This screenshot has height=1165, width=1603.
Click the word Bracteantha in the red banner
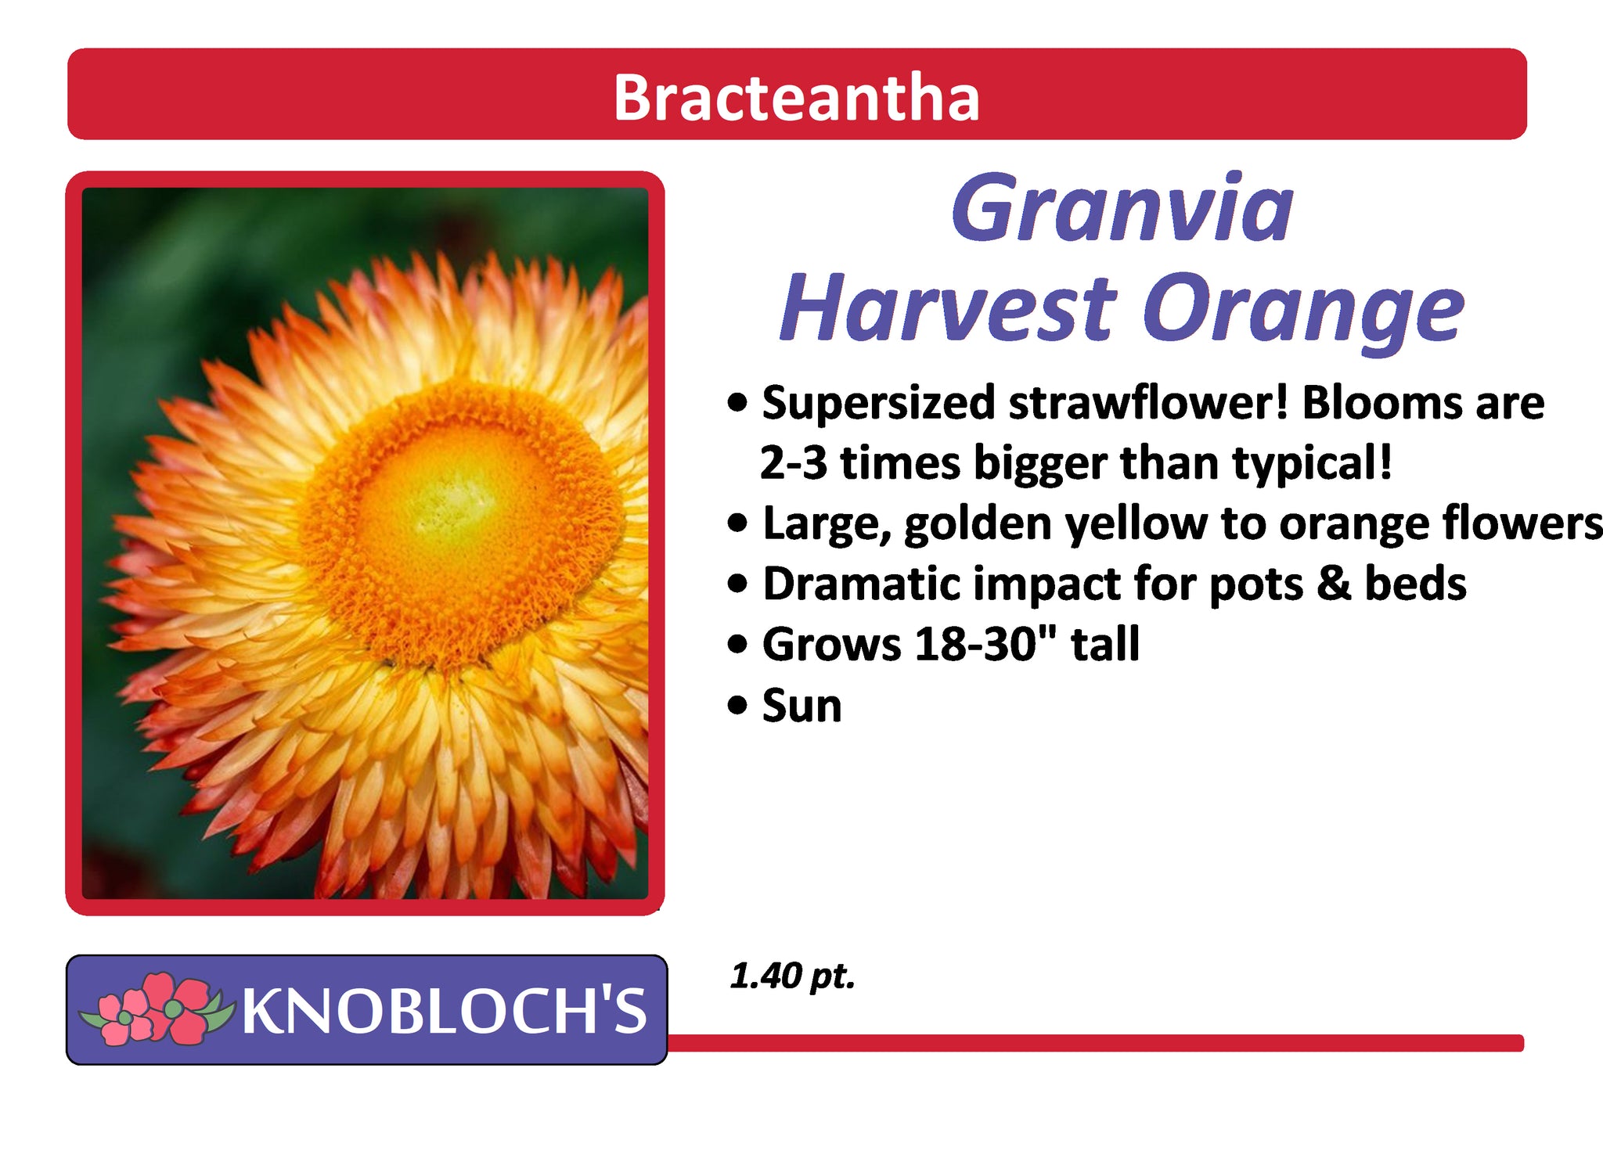pyautogui.click(x=796, y=97)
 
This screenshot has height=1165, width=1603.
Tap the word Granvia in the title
pyautogui.click(x=1122, y=208)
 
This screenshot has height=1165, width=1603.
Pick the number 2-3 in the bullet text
pyautogui.click(x=793, y=462)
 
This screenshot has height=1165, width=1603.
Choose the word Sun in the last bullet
pyautogui.click(x=801, y=705)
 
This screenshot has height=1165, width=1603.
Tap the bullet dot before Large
pyautogui.click(x=737, y=523)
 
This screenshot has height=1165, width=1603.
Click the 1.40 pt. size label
pyautogui.click(x=792, y=976)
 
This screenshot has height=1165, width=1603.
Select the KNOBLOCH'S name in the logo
pyautogui.click(x=445, y=1010)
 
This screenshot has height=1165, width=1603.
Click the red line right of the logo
pyautogui.click(x=1096, y=1043)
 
